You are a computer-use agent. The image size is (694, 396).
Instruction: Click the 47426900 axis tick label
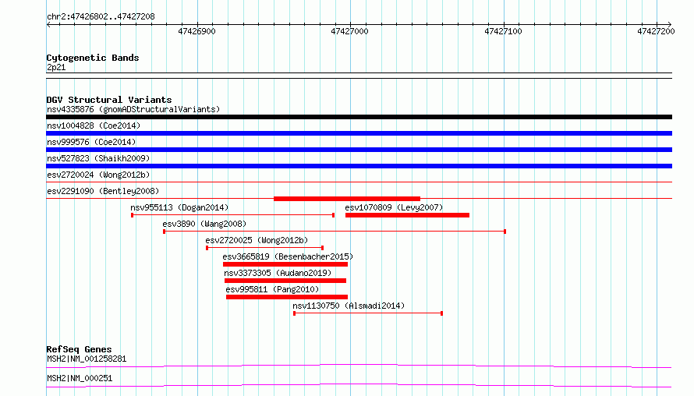(197, 31)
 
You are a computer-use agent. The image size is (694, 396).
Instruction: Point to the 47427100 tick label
(503, 31)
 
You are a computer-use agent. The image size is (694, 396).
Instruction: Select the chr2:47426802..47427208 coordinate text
(101, 17)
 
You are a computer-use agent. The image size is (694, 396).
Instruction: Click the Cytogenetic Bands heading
(93, 58)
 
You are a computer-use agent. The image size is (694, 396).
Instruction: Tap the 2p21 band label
(56, 67)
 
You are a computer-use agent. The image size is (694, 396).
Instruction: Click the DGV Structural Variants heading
(109, 100)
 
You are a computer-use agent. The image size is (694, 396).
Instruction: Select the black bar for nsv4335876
(359, 117)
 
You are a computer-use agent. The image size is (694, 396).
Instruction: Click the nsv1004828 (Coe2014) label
(94, 126)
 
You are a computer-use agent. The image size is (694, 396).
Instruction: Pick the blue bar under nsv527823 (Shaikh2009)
(359, 166)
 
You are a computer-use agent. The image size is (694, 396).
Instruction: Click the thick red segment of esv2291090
(347, 199)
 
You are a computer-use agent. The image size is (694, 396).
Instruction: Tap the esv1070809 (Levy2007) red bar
(407, 215)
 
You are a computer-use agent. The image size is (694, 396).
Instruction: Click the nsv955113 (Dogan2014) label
(179, 207)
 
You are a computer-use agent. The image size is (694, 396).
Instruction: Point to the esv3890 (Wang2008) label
(204, 224)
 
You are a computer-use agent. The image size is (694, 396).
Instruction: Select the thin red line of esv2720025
(264, 248)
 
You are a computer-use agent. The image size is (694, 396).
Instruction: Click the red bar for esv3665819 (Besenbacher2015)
(285, 264)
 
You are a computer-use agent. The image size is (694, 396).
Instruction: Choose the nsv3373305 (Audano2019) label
(278, 273)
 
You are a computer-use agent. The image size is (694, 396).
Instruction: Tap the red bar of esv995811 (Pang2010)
(287, 297)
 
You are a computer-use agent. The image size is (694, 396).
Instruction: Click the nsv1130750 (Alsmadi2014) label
(349, 306)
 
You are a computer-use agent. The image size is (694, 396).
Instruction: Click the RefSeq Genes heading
(80, 349)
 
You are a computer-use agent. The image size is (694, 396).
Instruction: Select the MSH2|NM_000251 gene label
(80, 378)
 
